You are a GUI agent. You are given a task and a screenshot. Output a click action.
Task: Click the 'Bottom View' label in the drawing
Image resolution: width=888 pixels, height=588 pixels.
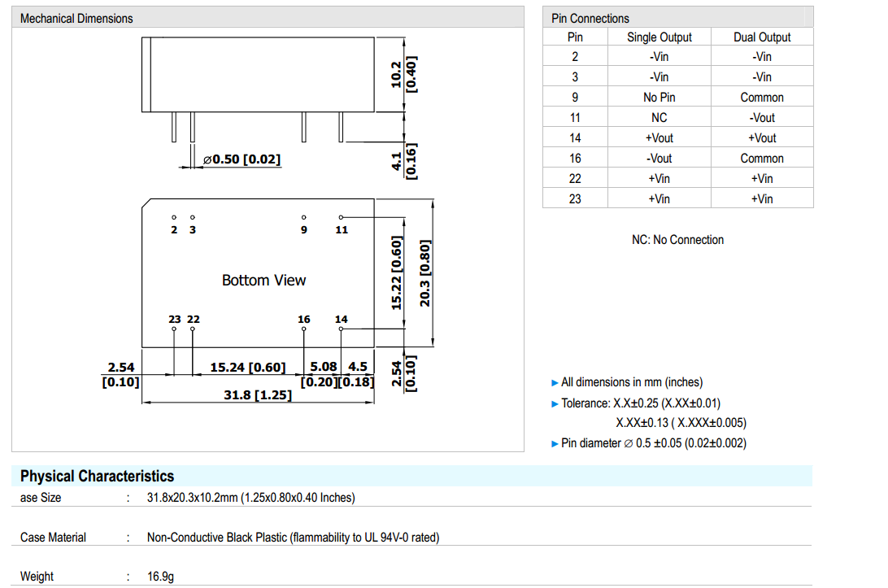pos(264,281)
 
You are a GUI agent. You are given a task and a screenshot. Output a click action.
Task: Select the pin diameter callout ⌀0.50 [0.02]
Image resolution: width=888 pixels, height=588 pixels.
pos(242,159)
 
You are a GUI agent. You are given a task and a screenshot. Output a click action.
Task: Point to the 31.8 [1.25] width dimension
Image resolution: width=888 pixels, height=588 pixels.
pos(258,394)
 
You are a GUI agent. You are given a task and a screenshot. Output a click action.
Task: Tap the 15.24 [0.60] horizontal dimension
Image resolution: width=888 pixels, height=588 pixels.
pos(248,368)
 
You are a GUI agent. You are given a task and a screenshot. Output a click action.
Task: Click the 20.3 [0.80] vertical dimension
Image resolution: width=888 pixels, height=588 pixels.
pos(424,273)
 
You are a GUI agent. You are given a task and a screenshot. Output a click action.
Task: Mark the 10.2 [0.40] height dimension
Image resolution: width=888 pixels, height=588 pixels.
pos(404,74)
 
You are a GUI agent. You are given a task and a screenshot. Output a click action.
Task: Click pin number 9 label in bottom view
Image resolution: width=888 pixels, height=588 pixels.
pos(304,230)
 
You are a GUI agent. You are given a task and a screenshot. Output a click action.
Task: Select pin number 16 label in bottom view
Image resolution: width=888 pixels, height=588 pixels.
pos(304,320)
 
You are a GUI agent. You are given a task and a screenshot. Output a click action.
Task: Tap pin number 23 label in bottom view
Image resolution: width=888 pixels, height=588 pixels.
pos(174,320)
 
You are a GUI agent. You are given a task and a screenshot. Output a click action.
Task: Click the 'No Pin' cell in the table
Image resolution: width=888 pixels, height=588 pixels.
pos(659,98)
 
